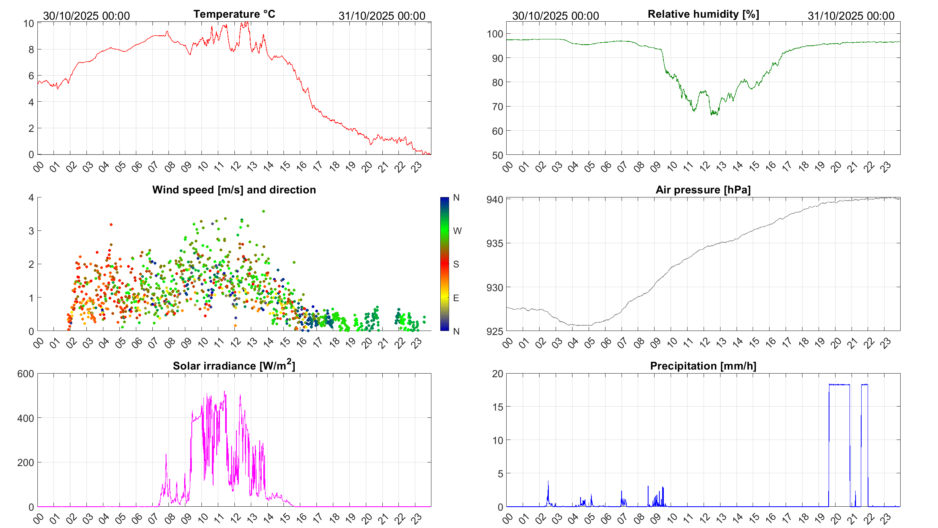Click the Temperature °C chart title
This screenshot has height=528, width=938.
coord(234,14)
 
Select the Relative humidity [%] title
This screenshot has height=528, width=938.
coord(703,14)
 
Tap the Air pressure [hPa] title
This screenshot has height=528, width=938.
coord(703,190)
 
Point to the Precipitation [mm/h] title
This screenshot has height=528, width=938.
coord(703,366)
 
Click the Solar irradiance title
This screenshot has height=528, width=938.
coord(234,365)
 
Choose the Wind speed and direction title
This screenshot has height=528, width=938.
coord(234,190)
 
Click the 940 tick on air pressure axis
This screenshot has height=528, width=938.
coord(495,200)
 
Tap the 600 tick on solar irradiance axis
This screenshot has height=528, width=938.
coord(26,374)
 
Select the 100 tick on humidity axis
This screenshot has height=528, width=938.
coord(495,34)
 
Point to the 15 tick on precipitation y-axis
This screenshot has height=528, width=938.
coord(498,407)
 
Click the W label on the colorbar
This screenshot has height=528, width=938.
coord(457,231)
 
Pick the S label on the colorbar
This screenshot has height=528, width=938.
coord(456,264)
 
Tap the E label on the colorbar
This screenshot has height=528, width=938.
coord(456,298)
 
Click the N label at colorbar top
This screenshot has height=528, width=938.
coord(456,197)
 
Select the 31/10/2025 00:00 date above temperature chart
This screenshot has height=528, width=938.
coord(382,16)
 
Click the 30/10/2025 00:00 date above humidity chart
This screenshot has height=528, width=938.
coord(555,16)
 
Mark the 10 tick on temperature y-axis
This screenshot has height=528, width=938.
coord(29,24)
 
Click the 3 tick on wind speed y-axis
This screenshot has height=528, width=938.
coord(31,231)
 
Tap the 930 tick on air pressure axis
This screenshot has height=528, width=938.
coord(495,288)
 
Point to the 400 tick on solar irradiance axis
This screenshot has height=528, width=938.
coord(26,419)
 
